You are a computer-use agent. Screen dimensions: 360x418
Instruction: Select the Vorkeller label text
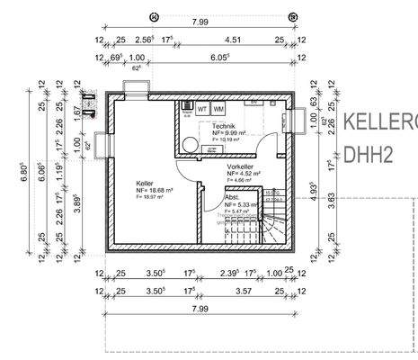point(241,167)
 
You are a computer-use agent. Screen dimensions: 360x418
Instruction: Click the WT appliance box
point(202,109)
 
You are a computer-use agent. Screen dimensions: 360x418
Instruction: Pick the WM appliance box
point(218,109)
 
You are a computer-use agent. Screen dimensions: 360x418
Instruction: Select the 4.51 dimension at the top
point(231,40)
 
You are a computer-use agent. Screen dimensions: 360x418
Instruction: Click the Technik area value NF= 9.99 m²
point(229,132)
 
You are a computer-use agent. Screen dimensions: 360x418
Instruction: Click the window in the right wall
point(298,121)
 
